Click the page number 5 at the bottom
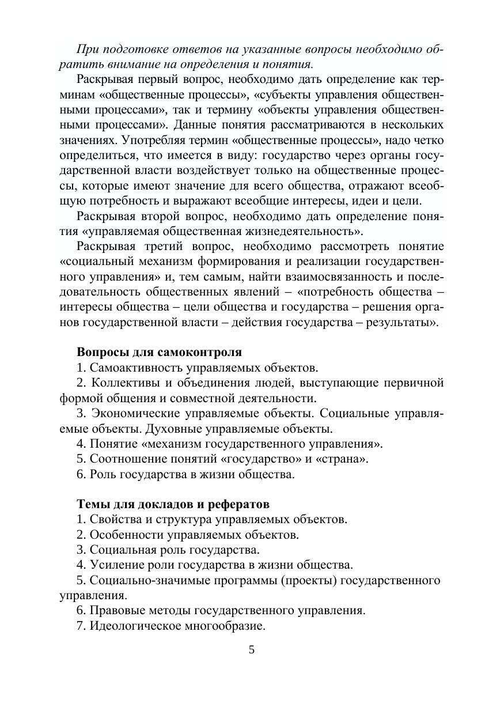(x=251, y=650)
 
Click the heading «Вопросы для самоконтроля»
(x=159, y=352)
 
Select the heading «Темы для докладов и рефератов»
(x=173, y=504)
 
